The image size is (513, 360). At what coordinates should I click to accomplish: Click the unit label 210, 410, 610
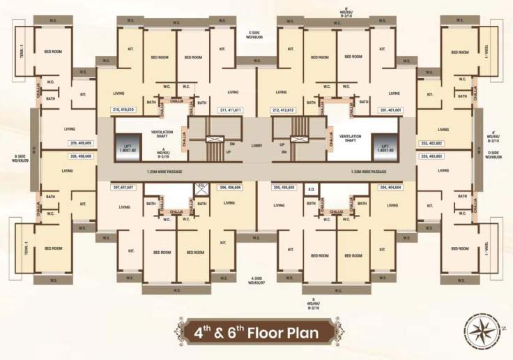click(126, 110)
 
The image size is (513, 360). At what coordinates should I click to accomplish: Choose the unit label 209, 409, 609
click(81, 142)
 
